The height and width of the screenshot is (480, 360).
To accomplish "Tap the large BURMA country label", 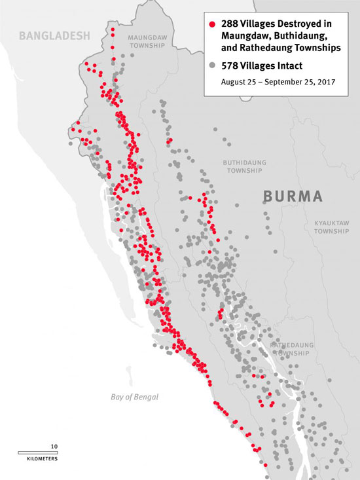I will coord(293,196).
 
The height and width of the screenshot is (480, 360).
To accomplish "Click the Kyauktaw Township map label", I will coord(333,227).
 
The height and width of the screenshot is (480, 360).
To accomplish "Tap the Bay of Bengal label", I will coord(134,397).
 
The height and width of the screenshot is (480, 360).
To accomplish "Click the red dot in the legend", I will coord(211,24).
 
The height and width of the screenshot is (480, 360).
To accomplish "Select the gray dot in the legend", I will coord(211,65).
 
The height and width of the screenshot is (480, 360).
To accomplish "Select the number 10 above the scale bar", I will coord(54,446).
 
